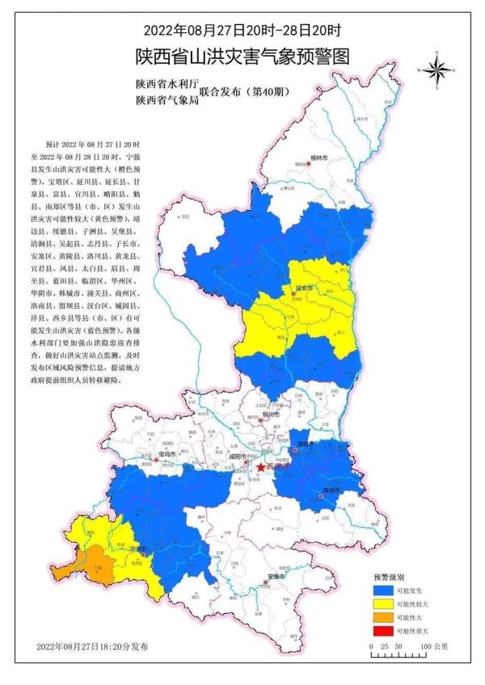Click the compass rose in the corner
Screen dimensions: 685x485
click(x=436, y=70)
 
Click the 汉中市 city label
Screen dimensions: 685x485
click(x=140, y=548)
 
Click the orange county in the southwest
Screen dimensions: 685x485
click(x=97, y=562)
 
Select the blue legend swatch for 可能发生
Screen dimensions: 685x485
click(x=382, y=591)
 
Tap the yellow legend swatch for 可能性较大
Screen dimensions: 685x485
click(x=382, y=604)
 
